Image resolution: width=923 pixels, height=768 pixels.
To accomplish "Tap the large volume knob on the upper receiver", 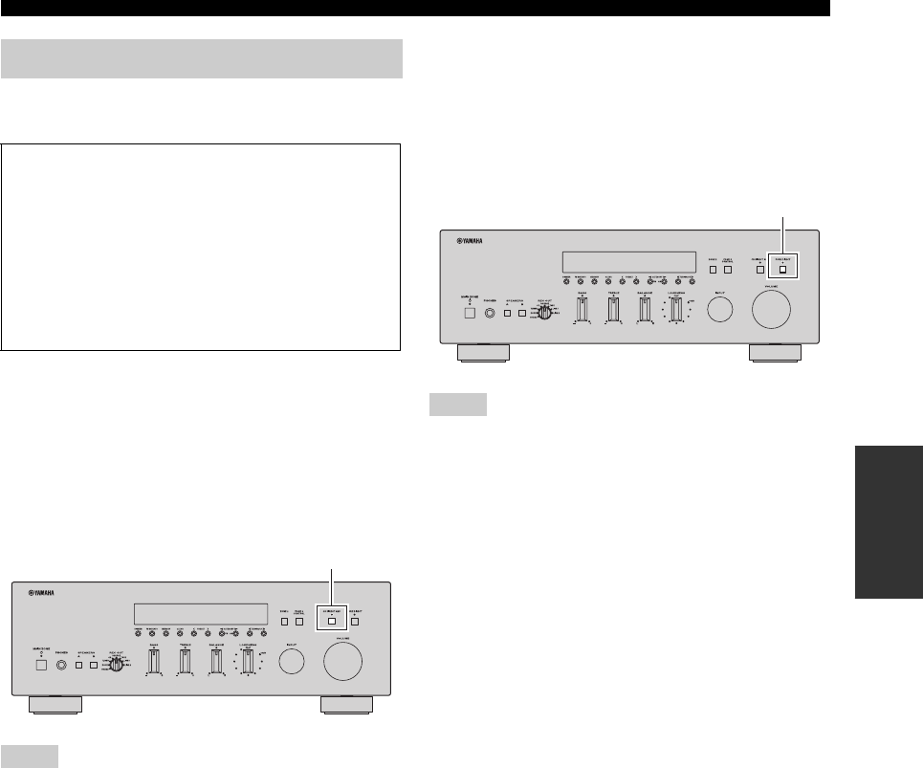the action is click(772, 308).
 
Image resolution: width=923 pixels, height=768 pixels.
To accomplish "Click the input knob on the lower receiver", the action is click(294, 660).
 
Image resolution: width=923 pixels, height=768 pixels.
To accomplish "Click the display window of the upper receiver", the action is click(627, 261).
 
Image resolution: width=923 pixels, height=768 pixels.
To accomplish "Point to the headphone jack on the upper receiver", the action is click(490, 312).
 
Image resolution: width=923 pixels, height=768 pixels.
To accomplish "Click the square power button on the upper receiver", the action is click(469, 312).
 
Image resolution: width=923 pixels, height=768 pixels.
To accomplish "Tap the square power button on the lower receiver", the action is click(40, 664).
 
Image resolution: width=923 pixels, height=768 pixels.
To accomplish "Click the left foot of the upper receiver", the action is click(484, 353).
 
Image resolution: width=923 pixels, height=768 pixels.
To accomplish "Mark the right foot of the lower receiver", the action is click(347, 705).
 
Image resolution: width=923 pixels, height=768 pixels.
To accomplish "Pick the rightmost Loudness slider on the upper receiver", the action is click(677, 310).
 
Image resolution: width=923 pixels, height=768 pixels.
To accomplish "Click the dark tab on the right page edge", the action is click(886, 532).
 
